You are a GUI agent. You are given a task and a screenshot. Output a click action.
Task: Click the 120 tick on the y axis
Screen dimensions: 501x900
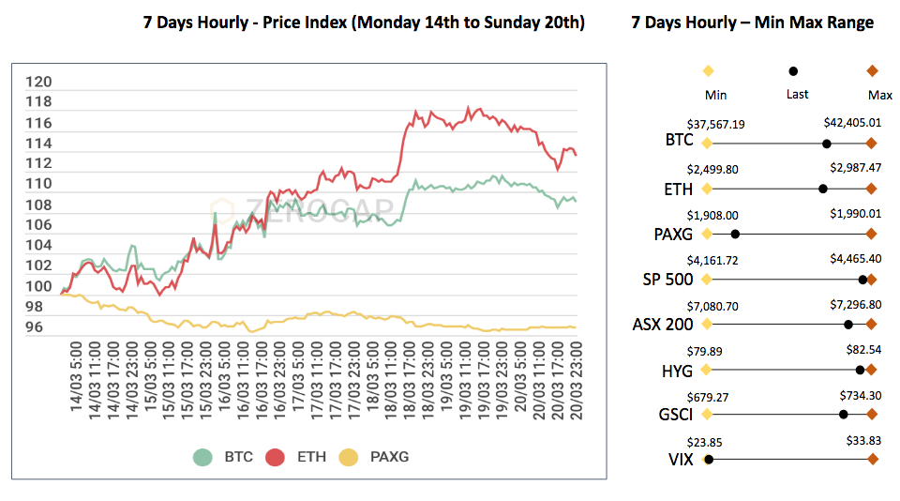coord(39,82)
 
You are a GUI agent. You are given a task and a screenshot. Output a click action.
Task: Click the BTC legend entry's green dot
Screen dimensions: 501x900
coord(202,457)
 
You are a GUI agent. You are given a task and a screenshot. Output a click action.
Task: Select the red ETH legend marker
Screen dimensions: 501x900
coord(275,457)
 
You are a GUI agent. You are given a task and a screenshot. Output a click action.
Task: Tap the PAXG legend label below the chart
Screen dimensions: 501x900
coord(387,458)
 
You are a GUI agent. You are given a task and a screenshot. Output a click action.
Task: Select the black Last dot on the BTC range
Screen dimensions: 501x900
coord(826,144)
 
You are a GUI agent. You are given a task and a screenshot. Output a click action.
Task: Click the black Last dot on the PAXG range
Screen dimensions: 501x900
coord(735,234)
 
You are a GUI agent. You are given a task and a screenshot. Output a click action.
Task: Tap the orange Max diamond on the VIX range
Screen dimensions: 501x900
coord(872,459)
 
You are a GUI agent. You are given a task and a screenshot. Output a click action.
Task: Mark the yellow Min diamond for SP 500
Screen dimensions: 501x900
coord(707,279)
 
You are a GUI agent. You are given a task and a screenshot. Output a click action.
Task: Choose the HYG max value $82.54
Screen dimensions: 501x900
coord(861,349)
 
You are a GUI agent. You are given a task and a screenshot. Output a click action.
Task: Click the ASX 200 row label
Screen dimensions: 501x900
coord(663,325)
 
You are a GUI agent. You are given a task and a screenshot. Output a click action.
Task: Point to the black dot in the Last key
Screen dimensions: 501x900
coord(793,70)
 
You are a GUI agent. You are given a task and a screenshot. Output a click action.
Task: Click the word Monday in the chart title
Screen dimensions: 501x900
coord(382,23)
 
